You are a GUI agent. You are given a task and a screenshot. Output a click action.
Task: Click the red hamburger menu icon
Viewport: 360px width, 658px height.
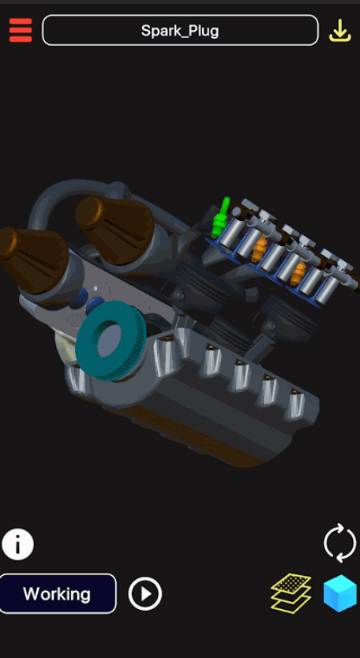(21, 30)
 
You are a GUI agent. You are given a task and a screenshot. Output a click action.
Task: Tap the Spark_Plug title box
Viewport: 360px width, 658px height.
(180, 30)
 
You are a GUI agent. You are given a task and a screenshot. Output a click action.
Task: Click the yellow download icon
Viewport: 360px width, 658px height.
(339, 31)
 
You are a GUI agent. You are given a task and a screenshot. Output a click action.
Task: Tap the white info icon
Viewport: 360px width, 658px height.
(17, 544)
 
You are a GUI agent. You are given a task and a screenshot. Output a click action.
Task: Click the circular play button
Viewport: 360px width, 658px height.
(145, 594)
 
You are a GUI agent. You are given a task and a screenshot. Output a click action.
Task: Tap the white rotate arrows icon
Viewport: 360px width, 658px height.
(340, 543)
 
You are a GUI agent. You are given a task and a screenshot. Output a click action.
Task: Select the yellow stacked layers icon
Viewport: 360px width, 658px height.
(291, 593)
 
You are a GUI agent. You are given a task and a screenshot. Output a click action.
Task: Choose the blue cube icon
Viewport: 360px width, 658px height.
(339, 593)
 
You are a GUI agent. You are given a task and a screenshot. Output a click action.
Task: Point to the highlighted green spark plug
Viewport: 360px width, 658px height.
(220, 217)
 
